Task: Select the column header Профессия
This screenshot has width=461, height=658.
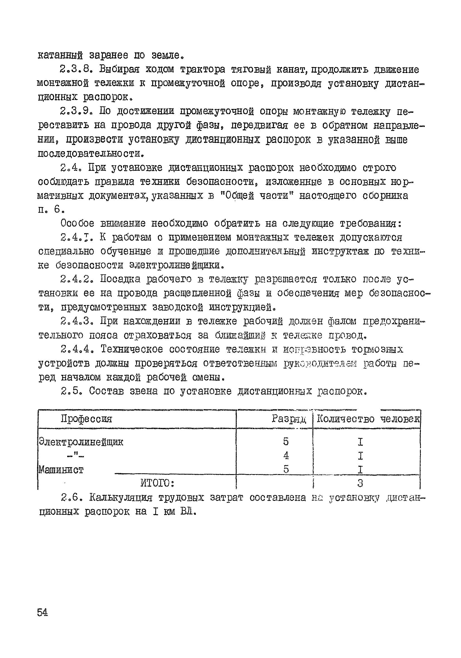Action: click(x=86, y=419)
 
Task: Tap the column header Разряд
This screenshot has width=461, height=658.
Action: click(x=289, y=419)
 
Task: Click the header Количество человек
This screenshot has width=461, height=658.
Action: click(x=368, y=419)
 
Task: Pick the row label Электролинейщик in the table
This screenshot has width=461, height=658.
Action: click(x=81, y=442)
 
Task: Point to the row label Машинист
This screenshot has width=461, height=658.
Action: click(x=61, y=469)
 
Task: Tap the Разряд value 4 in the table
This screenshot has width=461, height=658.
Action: click(x=285, y=455)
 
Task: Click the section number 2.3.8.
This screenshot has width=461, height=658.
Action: click(x=77, y=70)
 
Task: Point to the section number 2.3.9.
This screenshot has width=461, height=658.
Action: click(x=77, y=111)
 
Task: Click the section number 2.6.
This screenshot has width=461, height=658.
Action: click(x=72, y=498)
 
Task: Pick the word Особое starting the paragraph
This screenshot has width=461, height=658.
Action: click(x=77, y=223)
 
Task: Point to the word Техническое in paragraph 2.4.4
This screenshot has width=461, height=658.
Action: click(x=132, y=350)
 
